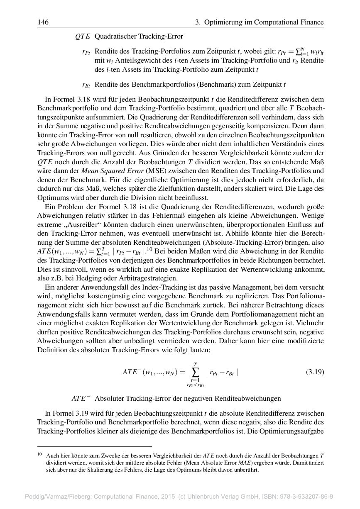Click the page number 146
pyautogui.click(x=43, y=22)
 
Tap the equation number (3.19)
pyautogui.click(x=315, y=372)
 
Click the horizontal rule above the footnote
pyautogui.click(x=94, y=447)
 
